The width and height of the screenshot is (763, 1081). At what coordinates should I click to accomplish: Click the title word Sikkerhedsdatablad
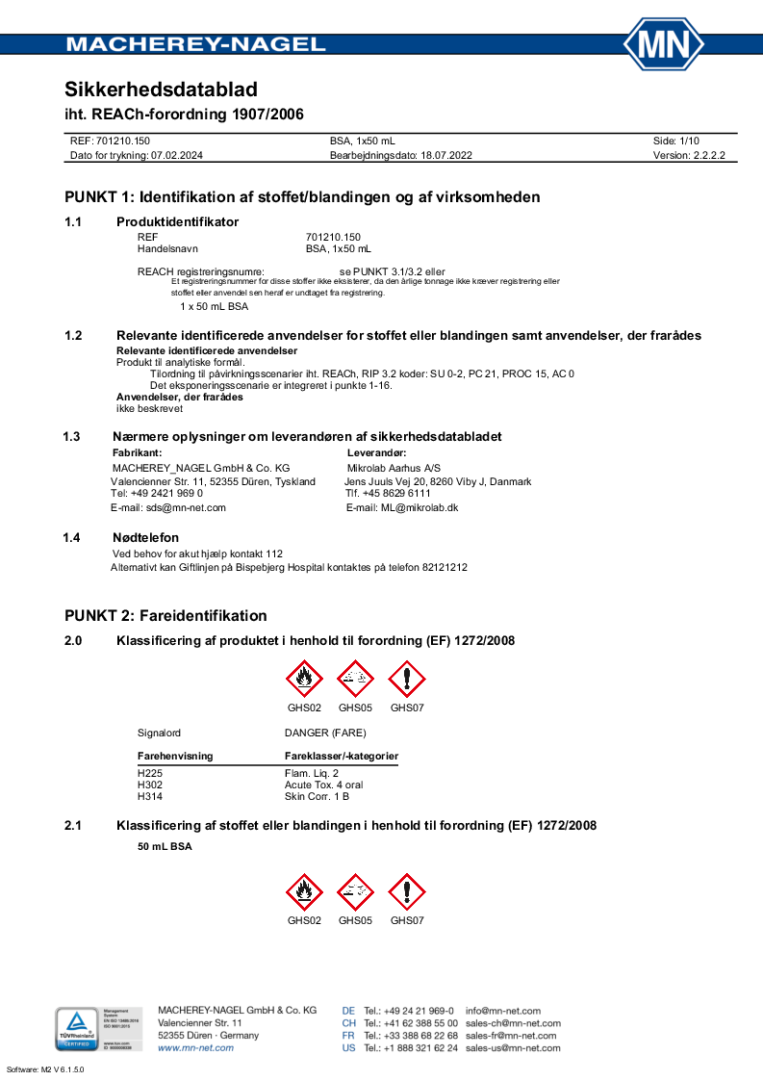(x=161, y=90)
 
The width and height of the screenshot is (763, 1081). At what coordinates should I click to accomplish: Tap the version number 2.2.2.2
(x=702, y=154)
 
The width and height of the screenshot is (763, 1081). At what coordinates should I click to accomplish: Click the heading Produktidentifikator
(x=177, y=221)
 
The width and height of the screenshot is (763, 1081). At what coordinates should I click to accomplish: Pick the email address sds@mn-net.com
(x=186, y=507)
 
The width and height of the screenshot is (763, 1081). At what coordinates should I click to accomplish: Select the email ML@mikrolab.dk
(x=420, y=507)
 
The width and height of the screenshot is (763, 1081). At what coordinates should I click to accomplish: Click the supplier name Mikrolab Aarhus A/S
(x=393, y=468)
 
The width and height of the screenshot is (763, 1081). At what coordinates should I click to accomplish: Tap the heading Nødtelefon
(x=146, y=537)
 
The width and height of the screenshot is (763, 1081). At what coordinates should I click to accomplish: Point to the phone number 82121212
(x=445, y=568)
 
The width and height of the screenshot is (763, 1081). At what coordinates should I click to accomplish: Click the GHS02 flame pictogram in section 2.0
(x=305, y=680)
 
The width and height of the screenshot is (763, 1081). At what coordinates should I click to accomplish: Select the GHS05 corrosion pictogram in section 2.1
(x=355, y=892)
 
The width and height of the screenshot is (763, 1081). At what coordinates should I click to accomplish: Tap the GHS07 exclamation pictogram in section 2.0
(x=406, y=680)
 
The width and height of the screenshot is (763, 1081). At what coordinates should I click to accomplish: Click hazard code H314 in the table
(x=150, y=796)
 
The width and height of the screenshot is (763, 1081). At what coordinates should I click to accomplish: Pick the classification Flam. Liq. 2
(x=312, y=773)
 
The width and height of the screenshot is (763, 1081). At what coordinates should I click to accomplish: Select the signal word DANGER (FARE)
(x=325, y=733)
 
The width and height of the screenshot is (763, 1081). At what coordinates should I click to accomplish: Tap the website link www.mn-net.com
(x=195, y=1048)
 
